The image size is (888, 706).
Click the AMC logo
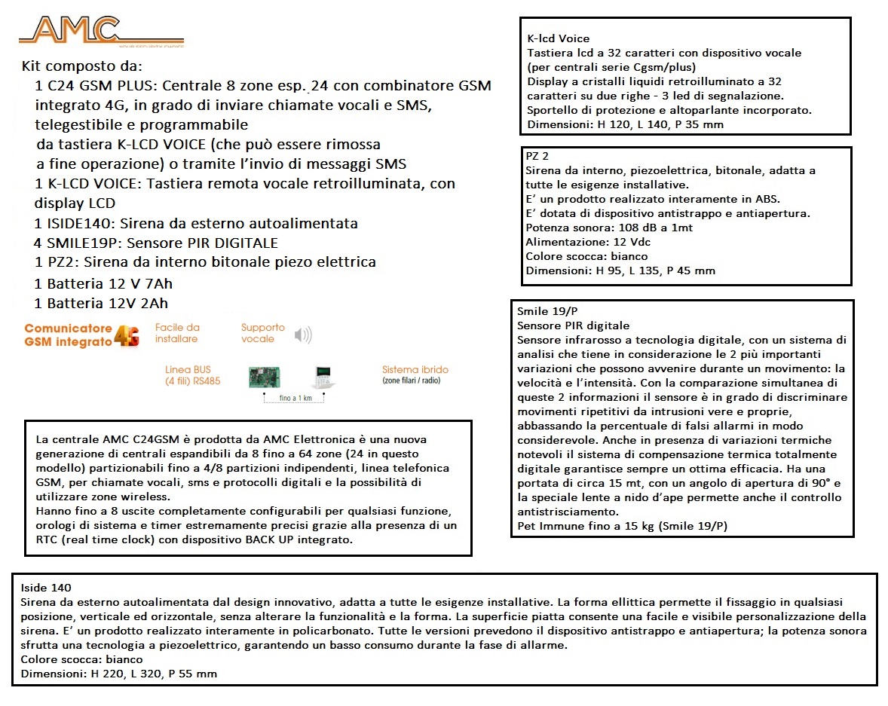click(x=72, y=32)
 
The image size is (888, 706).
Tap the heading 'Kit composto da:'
click(x=81, y=66)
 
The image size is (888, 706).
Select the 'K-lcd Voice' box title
click(x=559, y=38)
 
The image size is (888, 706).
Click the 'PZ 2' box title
click(x=537, y=157)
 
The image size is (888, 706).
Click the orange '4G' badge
click(x=127, y=336)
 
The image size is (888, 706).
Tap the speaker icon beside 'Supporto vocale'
click(x=303, y=335)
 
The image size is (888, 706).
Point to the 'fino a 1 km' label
click(x=294, y=398)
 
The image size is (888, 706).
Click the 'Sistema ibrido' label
click(x=415, y=370)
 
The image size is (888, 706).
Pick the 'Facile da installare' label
click(x=177, y=333)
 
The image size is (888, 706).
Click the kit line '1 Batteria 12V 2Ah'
click(x=101, y=304)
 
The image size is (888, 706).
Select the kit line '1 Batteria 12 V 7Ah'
click(x=103, y=284)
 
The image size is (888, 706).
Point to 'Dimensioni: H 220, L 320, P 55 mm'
click(x=119, y=673)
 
